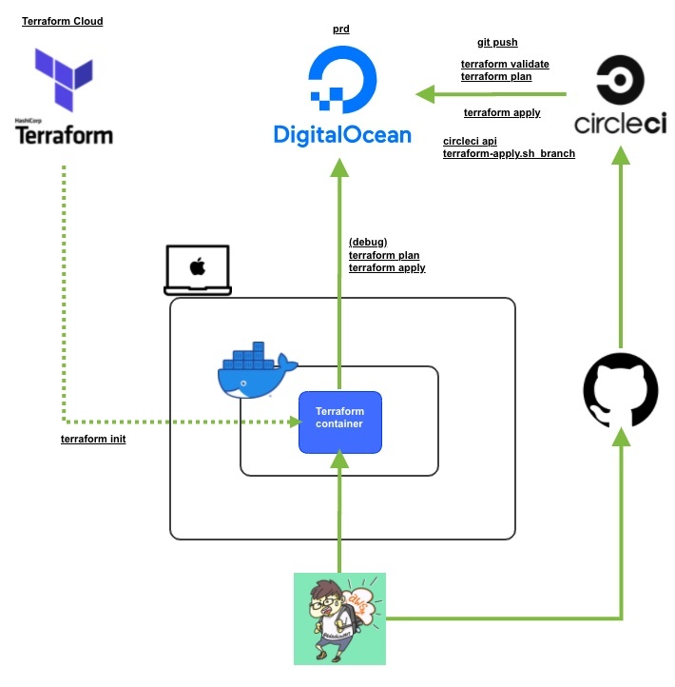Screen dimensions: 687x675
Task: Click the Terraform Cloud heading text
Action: click(63, 21)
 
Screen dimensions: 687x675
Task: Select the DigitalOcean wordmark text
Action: click(342, 134)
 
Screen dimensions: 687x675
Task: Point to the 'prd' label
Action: click(341, 29)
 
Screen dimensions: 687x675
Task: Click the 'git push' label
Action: click(497, 43)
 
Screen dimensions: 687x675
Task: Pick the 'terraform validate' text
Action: click(505, 64)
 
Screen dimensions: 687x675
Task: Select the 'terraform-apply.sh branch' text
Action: click(509, 153)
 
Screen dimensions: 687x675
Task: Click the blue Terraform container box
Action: click(340, 422)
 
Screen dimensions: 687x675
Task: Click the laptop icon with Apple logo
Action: click(197, 270)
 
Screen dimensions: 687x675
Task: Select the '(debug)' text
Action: click(368, 242)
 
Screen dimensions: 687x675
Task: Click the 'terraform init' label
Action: click(93, 439)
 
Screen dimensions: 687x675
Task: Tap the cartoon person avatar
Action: click(339, 618)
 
